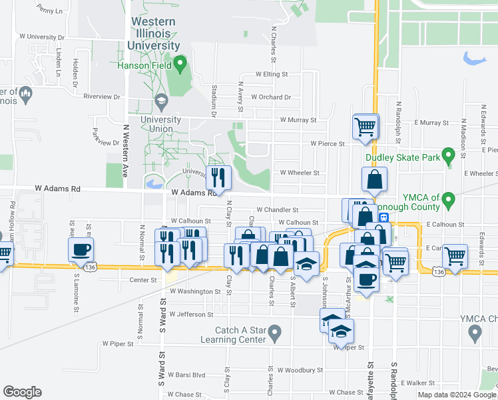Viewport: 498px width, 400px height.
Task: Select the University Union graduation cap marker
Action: (x=160, y=101)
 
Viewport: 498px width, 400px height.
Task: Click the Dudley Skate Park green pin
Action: (x=449, y=157)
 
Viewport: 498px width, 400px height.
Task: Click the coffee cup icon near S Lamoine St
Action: (x=81, y=249)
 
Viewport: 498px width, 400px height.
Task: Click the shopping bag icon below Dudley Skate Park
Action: (x=375, y=179)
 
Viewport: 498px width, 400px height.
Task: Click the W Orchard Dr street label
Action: (x=271, y=97)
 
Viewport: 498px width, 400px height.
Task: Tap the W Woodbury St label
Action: (x=300, y=369)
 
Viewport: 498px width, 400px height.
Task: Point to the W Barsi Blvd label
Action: (x=187, y=375)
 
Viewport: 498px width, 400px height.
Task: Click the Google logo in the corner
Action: (x=22, y=391)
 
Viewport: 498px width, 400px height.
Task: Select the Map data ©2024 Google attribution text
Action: (x=456, y=395)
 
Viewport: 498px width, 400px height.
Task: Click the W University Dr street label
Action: (x=42, y=37)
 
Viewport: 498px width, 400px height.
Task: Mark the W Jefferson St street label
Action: (x=191, y=313)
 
